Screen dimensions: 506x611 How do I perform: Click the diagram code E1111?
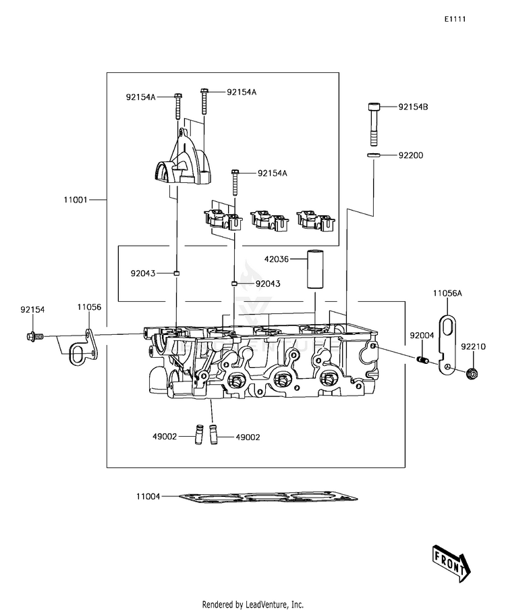pyautogui.click(x=455, y=19)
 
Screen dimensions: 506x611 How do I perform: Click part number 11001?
pyautogui.click(x=76, y=200)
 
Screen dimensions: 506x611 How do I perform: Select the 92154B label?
pyautogui.click(x=413, y=107)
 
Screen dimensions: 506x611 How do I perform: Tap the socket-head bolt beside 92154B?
pyautogui.click(x=374, y=124)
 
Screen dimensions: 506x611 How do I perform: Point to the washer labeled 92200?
pyautogui.click(x=373, y=155)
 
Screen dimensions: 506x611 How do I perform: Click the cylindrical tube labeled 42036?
pyautogui.click(x=315, y=269)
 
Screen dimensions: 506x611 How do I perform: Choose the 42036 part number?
pyautogui.click(x=276, y=259)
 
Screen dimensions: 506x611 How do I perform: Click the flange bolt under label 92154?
pyautogui.click(x=36, y=336)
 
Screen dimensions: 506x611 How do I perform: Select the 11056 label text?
pyautogui.click(x=89, y=307)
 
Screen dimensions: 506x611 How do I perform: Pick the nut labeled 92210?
pyautogui.click(x=472, y=374)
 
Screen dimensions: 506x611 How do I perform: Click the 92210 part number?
pyautogui.click(x=474, y=346)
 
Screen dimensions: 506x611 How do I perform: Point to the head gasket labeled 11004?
pyautogui.click(x=269, y=497)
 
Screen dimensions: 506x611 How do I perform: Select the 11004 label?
pyautogui.click(x=148, y=496)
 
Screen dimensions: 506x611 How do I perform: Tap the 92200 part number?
pyautogui.click(x=411, y=155)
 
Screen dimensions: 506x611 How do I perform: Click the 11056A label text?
pyautogui.click(x=447, y=293)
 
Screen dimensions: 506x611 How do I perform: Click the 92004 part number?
pyautogui.click(x=422, y=336)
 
